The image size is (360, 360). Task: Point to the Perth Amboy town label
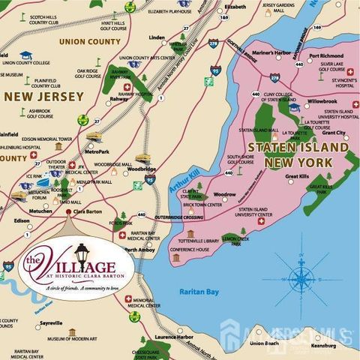tap(140, 250)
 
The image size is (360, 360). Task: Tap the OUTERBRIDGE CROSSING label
tap(179, 217)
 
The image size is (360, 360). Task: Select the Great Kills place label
tap(298, 177)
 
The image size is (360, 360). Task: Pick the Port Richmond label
tap(325, 55)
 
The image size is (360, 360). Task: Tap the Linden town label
tap(157, 37)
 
